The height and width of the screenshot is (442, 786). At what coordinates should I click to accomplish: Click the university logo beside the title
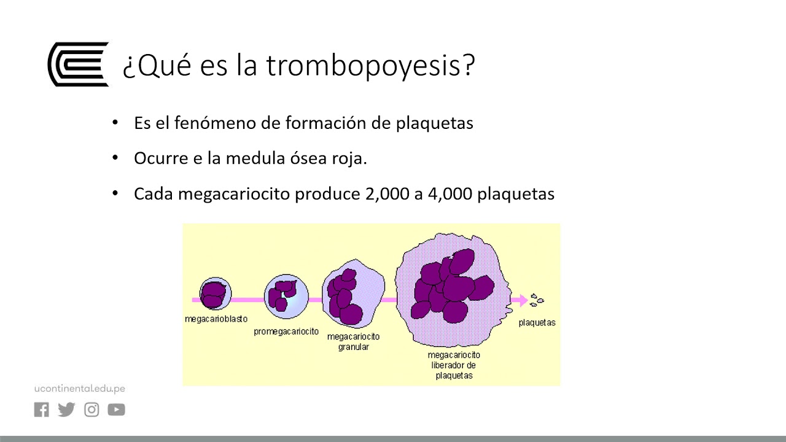click(78, 64)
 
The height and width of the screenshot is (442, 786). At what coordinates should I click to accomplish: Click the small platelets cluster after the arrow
click(537, 300)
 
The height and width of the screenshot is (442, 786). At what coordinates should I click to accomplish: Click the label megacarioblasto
click(216, 319)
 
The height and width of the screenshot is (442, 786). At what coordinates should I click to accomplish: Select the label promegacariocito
click(286, 331)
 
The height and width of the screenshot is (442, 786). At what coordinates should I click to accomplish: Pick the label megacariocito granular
click(353, 342)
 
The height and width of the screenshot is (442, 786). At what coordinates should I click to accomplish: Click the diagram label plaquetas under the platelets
click(537, 323)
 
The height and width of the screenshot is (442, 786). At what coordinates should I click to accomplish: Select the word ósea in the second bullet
click(304, 158)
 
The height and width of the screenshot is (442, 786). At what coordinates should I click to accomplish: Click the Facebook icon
click(42, 410)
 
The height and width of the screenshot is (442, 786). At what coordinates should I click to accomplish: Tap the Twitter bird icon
click(66, 410)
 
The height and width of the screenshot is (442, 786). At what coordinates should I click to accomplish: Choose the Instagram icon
click(91, 410)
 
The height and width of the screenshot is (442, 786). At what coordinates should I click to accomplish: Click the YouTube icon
click(117, 410)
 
